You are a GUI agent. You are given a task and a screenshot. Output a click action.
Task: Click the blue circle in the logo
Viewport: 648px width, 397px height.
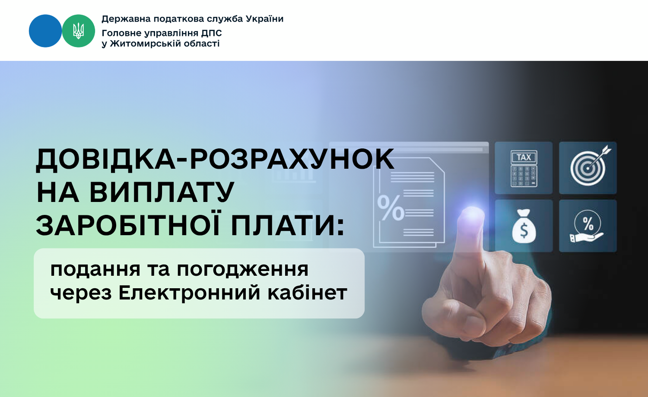45,31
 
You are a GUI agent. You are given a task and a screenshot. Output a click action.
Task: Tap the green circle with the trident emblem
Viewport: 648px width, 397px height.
78,31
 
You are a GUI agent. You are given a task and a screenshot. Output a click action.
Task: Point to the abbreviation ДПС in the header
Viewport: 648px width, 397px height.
212,33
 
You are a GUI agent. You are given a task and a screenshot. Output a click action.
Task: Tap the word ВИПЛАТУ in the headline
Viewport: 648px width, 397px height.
162,192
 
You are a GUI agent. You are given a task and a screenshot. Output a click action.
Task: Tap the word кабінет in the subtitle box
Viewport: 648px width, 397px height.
307,293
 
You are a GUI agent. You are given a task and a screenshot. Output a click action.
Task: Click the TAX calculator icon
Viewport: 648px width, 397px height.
524,168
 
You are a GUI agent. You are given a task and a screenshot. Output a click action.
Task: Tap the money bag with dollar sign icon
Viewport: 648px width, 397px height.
524,226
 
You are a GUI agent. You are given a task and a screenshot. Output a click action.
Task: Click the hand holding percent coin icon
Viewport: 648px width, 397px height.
587,226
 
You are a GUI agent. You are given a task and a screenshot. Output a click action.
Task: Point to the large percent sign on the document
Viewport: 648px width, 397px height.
391,208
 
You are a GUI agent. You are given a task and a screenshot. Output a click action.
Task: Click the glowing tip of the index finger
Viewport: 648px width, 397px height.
472,214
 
